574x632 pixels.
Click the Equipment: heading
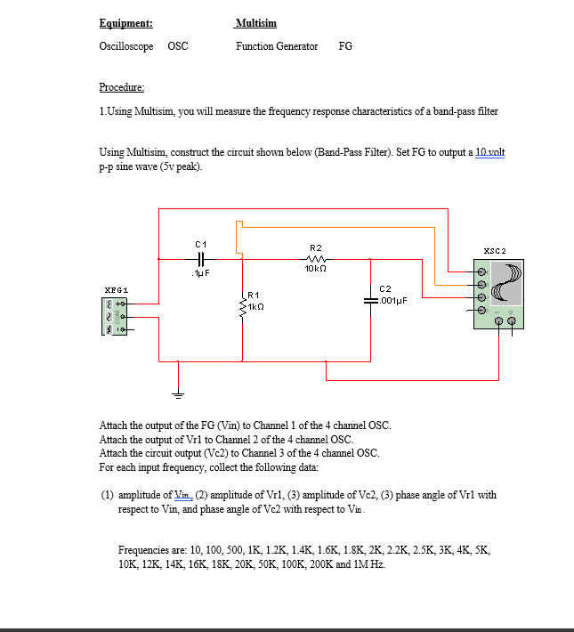(125, 22)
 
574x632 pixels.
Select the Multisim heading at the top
(256, 22)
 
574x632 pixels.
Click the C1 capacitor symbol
(200, 258)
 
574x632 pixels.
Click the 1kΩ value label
(257, 305)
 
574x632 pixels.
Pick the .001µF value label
(393, 301)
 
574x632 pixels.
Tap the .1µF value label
(199, 272)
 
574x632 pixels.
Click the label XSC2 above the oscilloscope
(495, 252)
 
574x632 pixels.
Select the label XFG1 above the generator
(117, 290)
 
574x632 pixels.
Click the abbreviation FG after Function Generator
(345, 46)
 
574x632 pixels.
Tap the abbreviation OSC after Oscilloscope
(177, 46)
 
